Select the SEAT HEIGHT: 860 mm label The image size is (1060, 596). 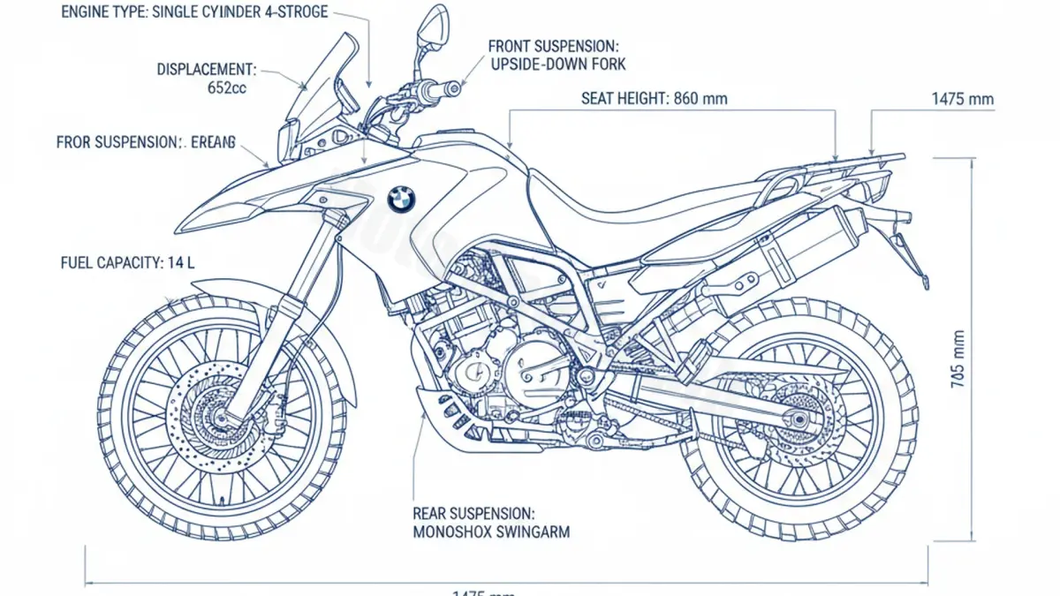[655, 99]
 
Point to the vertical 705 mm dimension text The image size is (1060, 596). [958, 358]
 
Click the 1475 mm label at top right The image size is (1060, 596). [963, 99]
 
